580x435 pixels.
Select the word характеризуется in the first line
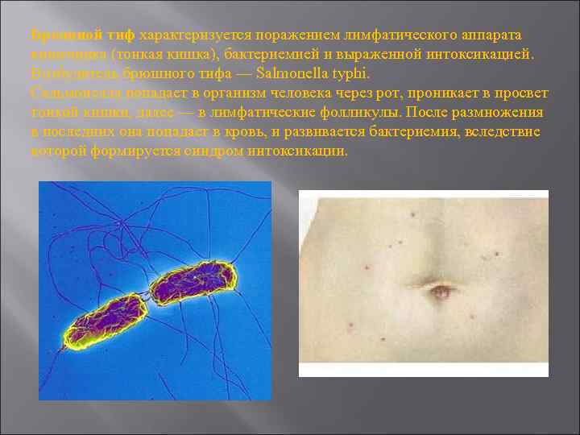click(x=189, y=35)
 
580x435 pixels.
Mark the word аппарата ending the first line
click(x=491, y=35)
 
